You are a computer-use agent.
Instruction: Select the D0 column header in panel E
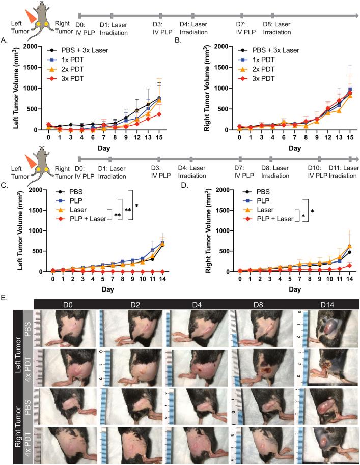65,304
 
